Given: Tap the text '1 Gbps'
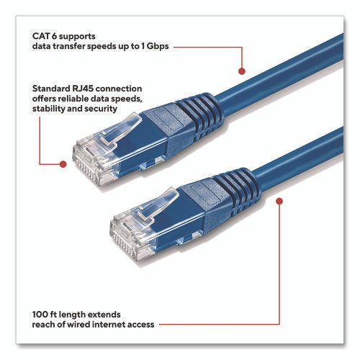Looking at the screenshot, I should pos(153,46).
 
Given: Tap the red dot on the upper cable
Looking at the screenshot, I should pos(241,72).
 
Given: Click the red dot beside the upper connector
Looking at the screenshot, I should pos(63,164).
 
